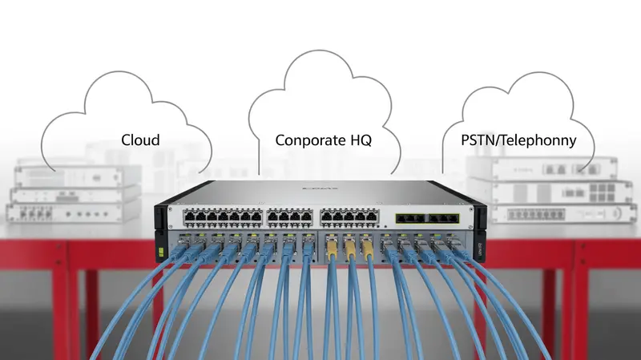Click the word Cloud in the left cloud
pyautogui.click(x=140, y=140)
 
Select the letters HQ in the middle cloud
pyautogui.click(x=361, y=140)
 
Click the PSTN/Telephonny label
pyautogui.click(x=518, y=140)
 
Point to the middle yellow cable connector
pyautogui.click(x=349, y=250)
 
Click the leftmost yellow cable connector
pyautogui.click(x=330, y=250)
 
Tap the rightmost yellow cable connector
pyautogui.click(x=368, y=250)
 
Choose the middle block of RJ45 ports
pyautogui.click(x=290, y=216)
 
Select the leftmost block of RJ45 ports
pyautogui.click(x=223, y=216)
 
